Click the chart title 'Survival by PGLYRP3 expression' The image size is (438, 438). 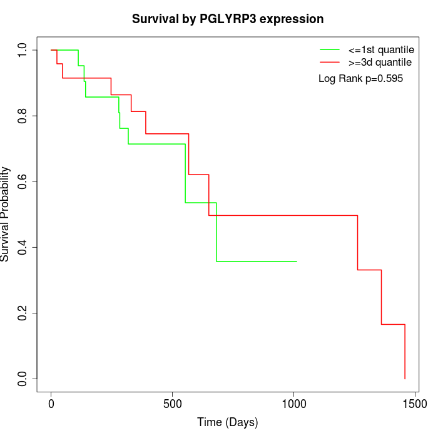click(228, 19)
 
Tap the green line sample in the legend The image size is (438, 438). click(330, 49)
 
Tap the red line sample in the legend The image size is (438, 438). click(330, 62)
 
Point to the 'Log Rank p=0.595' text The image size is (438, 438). click(360, 79)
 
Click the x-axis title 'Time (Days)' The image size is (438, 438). click(228, 422)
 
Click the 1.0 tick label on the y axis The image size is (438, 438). click(23, 50)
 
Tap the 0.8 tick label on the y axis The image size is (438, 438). click(23, 116)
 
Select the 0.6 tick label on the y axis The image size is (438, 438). click(23, 181)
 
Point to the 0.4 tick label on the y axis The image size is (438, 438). click(23, 247)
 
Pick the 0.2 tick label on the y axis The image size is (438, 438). click(23, 313)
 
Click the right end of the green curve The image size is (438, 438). click(296, 261)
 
